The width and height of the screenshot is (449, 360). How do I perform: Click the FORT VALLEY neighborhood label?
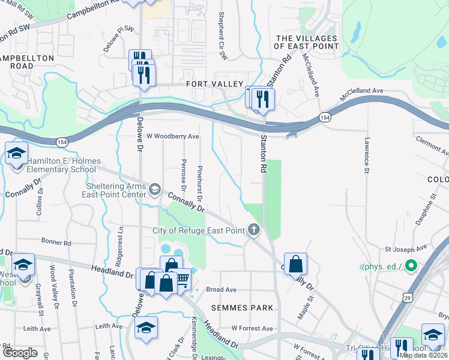[x=214, y=84]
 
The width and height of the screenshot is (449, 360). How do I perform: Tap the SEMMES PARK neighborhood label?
[x=242, y=307]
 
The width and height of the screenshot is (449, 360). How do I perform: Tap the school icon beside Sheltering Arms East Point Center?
[x=155, y=190]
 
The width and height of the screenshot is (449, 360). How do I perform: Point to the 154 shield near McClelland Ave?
[x=325, y=117]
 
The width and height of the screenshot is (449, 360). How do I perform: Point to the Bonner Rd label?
[x=56, y=242]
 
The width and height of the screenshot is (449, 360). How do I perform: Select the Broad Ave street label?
[x=223, y=289]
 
